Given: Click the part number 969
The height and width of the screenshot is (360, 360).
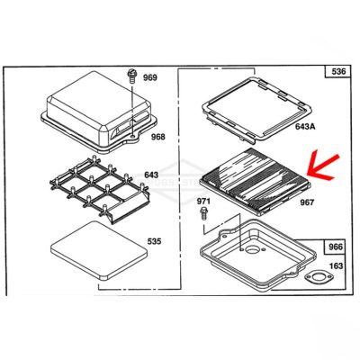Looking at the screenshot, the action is (149, 77).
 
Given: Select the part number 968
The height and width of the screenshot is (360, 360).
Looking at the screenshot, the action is (157, 137).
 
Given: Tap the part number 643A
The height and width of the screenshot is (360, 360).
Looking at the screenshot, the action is (305, 126).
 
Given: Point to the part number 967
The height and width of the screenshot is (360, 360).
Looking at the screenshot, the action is (307, 202).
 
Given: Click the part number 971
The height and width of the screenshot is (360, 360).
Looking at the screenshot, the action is (203, 201).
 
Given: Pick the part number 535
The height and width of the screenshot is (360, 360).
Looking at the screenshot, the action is (154, 241).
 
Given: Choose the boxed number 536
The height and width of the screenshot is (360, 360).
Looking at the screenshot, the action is (338, 71).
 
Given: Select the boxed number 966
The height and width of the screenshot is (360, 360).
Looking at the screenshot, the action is (336, 247).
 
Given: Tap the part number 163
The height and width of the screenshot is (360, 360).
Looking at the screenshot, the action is (336, 265).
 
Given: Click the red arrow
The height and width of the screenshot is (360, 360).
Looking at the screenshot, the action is (323, 168).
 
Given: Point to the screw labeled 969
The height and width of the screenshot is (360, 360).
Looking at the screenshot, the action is (131, 76).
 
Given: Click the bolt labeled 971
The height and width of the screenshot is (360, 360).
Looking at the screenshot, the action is (204, 213).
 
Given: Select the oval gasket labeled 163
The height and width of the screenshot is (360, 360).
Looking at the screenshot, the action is (319, 276).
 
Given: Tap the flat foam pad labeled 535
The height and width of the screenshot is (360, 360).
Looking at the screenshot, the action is (99, 251).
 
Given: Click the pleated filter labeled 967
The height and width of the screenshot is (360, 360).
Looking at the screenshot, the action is (255, 181).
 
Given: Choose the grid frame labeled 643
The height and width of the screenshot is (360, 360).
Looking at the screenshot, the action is (99, 189).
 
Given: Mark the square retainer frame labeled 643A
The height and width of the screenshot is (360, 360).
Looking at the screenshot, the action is (257, 110).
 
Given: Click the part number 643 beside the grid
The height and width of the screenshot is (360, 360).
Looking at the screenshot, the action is (151, 175).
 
